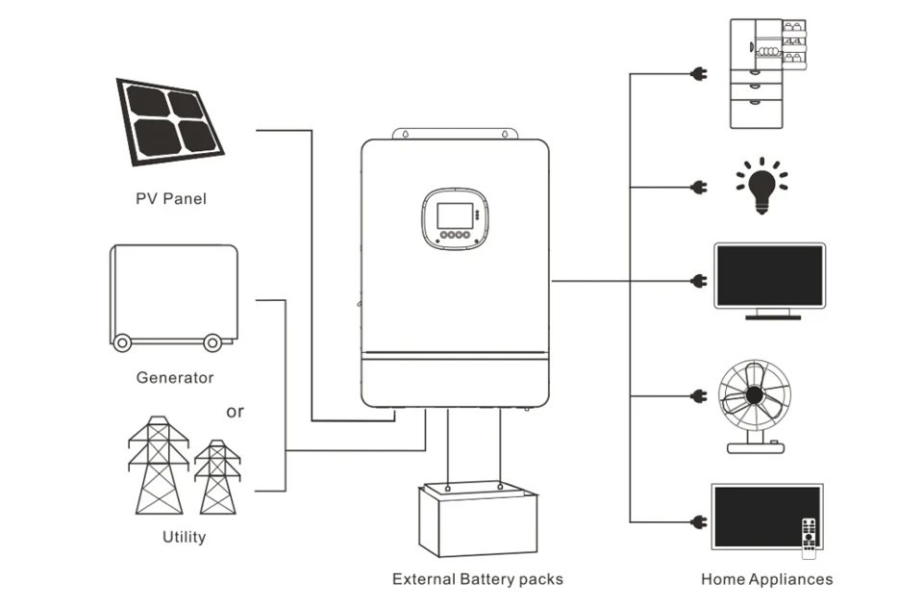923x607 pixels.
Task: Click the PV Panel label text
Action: tap(170, 199)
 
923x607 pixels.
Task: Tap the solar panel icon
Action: tap(170, 121)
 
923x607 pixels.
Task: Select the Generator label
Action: tap(175, 377)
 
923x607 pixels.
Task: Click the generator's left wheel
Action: tap(121, 341)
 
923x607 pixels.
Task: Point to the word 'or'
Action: tap(235, 412)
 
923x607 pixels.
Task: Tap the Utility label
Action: tap(184, 536)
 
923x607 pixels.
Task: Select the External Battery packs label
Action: tap(477, 578)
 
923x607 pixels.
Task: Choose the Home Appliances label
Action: tap(766, 578)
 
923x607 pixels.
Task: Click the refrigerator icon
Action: tap(766, 73)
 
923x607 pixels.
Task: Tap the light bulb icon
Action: tap(761, 186)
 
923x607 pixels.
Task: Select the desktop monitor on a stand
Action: tap(769, 280)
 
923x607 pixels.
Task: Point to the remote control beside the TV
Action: tap(809, 537)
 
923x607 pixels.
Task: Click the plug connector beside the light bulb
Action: tap(698, 187)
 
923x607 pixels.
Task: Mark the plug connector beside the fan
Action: tap(698, 395)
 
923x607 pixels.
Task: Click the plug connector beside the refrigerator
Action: tap(698, 73)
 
